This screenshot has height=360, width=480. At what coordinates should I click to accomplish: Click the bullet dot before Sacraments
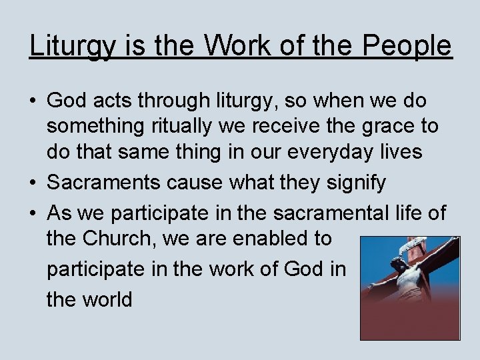click(x=33, y=183)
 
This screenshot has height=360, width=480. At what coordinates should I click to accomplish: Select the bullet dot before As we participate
click(x=33, y=213)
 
